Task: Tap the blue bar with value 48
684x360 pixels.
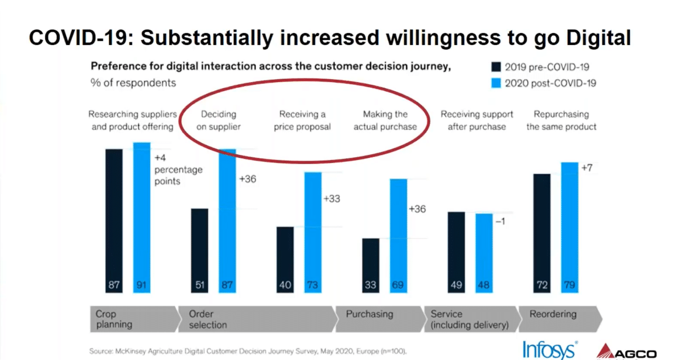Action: point(484,253)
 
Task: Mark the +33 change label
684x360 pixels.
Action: point(332,199)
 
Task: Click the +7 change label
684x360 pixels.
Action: point(587,169)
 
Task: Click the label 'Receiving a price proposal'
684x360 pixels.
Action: point(302,120)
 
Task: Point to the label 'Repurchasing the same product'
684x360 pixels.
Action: point(561,120)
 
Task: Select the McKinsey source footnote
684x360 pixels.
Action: point(248,351)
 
